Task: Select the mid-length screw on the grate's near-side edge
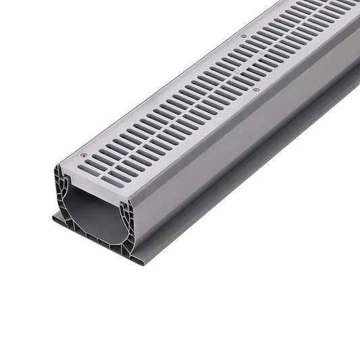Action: tap(255, 88)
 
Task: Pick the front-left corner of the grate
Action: tap(58, 164)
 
